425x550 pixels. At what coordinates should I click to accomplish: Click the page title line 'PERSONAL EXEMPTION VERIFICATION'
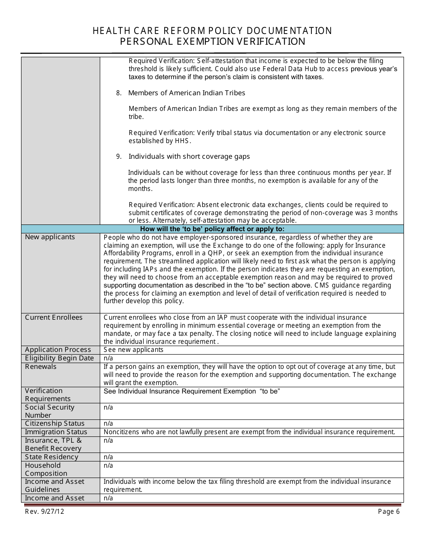tap(212, 42)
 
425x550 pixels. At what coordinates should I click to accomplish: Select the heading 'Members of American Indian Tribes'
tap(187, 93)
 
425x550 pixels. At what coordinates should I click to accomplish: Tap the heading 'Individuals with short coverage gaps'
tap(189, 157)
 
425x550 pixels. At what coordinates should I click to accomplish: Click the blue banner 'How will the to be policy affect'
tap(212, 229)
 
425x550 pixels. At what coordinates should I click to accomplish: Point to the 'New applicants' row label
tap(50, 237)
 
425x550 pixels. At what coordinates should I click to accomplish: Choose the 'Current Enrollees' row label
tap(54, 317)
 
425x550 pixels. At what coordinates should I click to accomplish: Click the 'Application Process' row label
tap(58, 350)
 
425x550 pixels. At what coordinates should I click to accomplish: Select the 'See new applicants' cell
tap(133, 350)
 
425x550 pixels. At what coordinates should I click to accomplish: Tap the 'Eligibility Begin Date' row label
tap(59, 358)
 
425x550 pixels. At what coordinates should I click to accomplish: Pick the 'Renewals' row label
tap(41, 367)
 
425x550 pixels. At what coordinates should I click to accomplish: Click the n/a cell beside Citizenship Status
tap(108, 423)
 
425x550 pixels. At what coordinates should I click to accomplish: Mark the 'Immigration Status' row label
tap(56, 432)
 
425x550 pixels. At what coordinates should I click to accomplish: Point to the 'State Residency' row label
tap(51, 457)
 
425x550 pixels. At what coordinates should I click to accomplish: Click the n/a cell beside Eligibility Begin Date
tap(108, 358)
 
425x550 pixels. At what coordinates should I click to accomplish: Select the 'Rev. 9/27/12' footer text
tap(44, 512)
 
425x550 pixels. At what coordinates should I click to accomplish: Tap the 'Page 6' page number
tap(388, 512)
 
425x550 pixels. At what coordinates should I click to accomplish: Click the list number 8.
tap(119, 93)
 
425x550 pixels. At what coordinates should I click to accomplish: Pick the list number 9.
tap(119, 157)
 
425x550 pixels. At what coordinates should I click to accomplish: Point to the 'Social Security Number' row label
tap(49, 411)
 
